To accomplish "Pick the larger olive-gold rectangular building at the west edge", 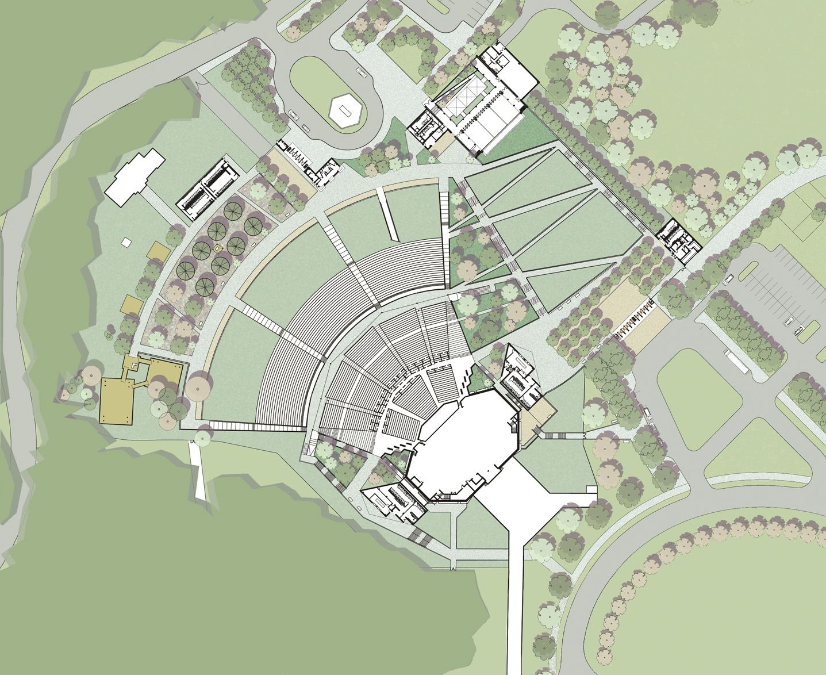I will pyautogui.click(x=117, y=401).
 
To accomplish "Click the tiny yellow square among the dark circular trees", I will pyautogui.click(x=218, y=248).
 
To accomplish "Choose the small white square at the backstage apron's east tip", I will pyautogui.click(x=591, y=489).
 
